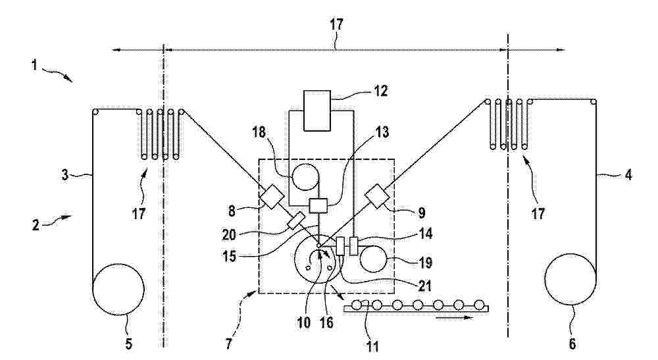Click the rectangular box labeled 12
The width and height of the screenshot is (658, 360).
[x=317, y=111]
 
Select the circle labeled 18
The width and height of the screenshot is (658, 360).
[x=305, y=176]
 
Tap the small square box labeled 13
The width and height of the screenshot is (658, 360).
[x=318, y=205]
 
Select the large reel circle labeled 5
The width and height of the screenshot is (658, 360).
[x=118, y=289]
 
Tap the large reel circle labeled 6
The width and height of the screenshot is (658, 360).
[x=570, y=279]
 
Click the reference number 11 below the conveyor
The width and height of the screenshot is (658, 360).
[x=372, y=347]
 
